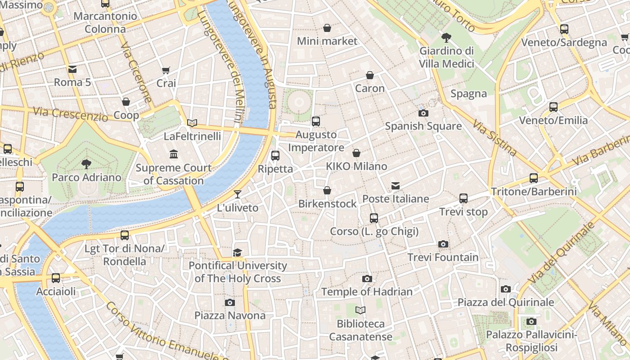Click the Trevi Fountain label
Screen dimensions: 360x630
click(443, 257)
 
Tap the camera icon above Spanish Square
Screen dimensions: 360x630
click(423, 113)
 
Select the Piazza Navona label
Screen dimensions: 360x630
click(230, 315)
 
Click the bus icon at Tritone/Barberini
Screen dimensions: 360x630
click(534, 178)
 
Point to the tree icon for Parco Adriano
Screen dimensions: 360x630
click(86, 164)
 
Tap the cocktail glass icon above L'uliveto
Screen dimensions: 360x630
click(238, 194)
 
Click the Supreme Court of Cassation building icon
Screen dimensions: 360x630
click(174, 154)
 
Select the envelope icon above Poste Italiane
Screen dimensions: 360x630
click(396, 185)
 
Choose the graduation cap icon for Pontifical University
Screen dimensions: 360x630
click(237, 252)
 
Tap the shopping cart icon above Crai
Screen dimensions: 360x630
click(166, 70)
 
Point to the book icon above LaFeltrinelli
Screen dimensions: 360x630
click(192, 123)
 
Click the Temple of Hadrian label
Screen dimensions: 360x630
click(367, 292)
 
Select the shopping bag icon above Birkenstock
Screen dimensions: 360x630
click(327, 190)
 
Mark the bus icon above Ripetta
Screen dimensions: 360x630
click(275, 156)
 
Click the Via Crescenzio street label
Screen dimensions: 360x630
click(70, 114)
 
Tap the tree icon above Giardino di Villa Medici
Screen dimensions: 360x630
click(446, 37)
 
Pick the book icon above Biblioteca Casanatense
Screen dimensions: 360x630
click(360, 310)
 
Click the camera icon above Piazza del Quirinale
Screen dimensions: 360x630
click(506, 289)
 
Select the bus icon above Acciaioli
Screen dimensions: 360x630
click(56, 278)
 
